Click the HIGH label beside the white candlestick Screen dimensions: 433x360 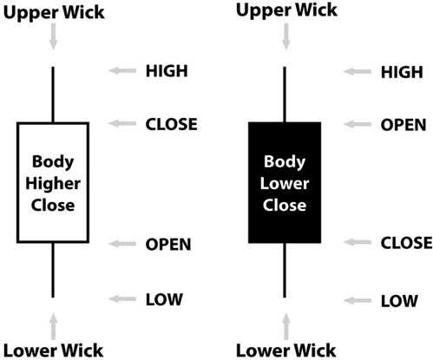[x=167, y=71]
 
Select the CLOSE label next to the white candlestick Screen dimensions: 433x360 [x=171, y=124]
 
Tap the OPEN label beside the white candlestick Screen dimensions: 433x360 [x=168, y=245]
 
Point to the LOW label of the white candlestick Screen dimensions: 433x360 [x=164, y=299]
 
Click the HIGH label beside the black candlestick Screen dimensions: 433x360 [x=402, y=72]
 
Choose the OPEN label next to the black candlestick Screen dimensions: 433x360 [x=403, y=125]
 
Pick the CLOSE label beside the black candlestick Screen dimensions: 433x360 [x=406, y=243]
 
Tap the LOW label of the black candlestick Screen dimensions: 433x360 [x=399, y=301]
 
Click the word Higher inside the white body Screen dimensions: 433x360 [x=53, y=184]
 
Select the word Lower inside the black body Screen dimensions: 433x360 [x=285, y=184]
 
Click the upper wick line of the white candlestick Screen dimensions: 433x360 [x=53, y=95]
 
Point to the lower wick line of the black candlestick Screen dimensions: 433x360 [x=285, y=270]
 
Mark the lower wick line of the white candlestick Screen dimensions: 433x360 [x=53, y=270]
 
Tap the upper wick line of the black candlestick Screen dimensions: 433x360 [x=285, y=95]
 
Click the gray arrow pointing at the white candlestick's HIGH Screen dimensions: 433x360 [x=122, y=70]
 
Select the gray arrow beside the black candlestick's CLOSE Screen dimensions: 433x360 [x=358, y=242]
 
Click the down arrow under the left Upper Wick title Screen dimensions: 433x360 [x=53, y=36]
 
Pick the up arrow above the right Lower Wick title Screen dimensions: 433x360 [x=286, y=327]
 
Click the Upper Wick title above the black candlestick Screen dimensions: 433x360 [x=286, y=10]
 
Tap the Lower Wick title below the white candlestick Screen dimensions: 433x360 [x=54, y=350]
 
